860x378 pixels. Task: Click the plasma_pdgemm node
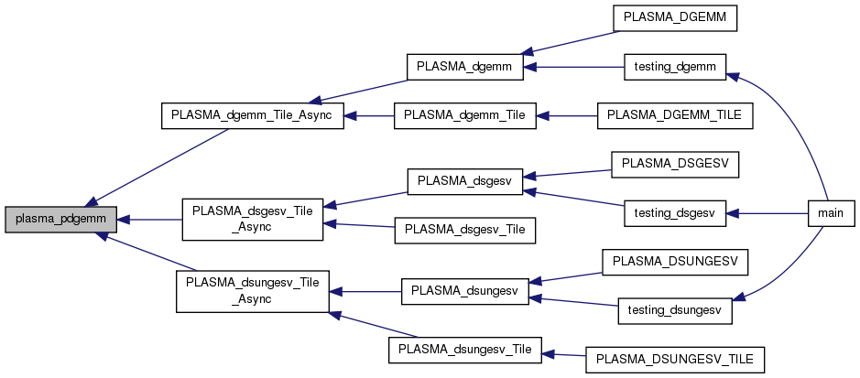tap(60, 219)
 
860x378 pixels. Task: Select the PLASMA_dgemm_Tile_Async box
tap(252, 115)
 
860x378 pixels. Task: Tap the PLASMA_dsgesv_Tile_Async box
tap(252, 219)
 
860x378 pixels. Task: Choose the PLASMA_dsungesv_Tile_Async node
tap(252, 291)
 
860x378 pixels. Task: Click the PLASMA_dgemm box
tap(464, 67)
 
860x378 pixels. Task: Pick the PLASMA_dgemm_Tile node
tap(464, 115)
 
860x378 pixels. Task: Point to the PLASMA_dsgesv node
tap(464, 181)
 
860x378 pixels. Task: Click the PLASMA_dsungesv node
tap(464, 291)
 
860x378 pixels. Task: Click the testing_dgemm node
tap(674, 67)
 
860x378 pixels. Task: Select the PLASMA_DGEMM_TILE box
tap(674, 115)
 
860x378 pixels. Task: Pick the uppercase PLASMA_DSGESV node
tap(674, 164)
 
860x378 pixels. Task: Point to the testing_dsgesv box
tap(674, 212)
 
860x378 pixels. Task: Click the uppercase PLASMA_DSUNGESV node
tap(674, 262)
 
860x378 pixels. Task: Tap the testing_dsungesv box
tap(674, 309)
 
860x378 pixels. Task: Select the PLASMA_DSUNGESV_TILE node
tap(674, 359)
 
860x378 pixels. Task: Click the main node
tap(831, 212)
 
